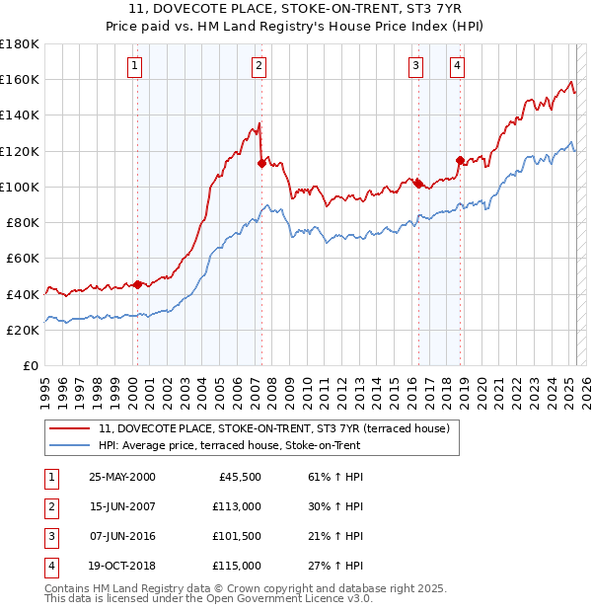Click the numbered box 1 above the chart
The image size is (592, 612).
(134, 66)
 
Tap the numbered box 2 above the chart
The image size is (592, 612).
(259, 66)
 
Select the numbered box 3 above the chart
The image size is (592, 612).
(416, 66)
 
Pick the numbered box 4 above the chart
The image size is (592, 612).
(458, 66)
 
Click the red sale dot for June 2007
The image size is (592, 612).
(261, 164)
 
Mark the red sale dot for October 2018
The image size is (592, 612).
(460, 160)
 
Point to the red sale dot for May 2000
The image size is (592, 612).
(137, 284)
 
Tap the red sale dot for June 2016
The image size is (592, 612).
(418, 184)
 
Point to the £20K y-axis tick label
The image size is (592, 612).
(23, 331)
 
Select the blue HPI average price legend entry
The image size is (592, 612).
(230, 446)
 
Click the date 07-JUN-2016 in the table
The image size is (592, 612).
(122, 536)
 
